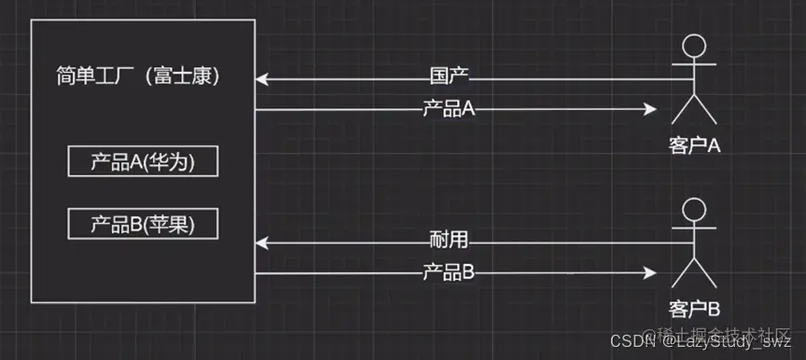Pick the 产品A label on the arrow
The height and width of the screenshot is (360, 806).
(448, 109)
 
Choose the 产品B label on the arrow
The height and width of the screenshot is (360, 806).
(448, 272)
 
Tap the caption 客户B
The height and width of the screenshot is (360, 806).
(694, 309)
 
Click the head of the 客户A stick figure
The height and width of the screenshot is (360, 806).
(693, 48)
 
